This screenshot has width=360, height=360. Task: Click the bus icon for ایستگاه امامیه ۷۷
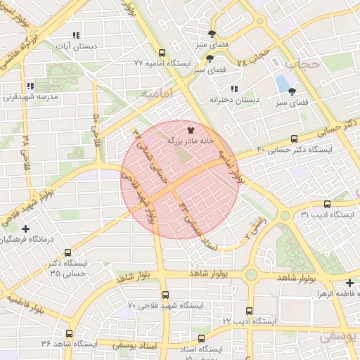[162, 53]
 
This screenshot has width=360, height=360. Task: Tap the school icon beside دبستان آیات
[76, 35]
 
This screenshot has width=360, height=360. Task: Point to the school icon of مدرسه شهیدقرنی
[30, 86]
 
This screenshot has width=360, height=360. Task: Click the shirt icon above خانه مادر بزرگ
[190, 130]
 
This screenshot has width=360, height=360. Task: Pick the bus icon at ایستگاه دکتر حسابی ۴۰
[294, 139]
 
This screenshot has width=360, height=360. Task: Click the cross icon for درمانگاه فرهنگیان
[26, 229]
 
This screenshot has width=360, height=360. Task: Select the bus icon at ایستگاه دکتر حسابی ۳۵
[67, 252]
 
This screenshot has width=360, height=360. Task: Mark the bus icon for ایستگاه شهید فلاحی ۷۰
[165, 295]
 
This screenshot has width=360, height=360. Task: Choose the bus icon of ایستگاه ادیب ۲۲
[249, 310]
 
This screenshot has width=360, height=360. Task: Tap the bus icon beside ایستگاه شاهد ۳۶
[69, 333]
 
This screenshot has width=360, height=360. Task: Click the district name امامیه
[155, 92]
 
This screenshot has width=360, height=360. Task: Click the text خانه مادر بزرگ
[190, 141]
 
